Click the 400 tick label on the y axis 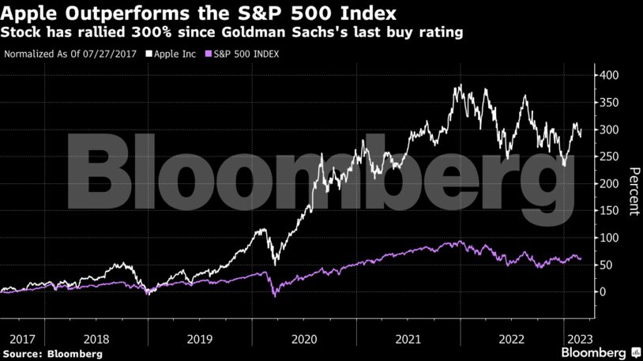click(x=608, y=76)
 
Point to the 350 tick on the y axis click(x=608, y=103)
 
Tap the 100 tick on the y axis click(x=608, y=238)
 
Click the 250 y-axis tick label click(x=608, y=157)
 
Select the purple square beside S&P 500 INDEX click(x=209, y=55)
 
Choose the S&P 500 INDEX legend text click(x=246, y=55)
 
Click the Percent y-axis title click(x=634, y=191)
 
